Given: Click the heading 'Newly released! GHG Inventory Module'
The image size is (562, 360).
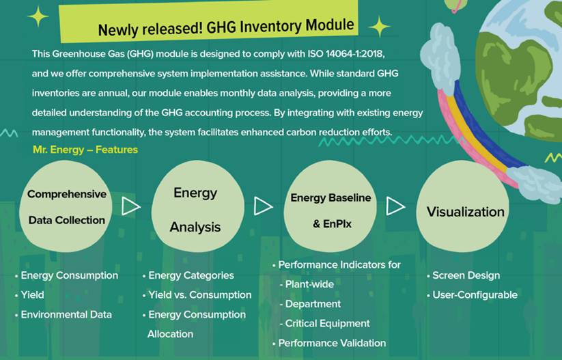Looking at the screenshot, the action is [226, 27].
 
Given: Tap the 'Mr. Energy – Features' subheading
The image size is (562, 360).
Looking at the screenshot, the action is [85, 150].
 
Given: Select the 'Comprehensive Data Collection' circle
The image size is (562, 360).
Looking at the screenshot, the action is [66, 206].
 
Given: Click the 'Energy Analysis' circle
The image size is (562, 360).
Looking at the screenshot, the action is [198, 206].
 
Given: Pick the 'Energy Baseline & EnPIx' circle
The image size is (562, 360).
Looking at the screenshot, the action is [330, 206].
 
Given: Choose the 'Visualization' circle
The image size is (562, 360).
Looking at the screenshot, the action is [462, 206].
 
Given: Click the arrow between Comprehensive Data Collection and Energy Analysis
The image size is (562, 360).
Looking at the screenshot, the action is [131, 206].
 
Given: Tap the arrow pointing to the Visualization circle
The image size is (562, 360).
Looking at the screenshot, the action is [395, 206].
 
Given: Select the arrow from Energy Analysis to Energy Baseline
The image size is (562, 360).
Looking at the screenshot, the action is [264, 206].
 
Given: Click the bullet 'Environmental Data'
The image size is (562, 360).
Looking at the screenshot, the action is [64, 314].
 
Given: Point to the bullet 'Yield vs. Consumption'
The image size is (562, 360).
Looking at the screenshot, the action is [197, 294].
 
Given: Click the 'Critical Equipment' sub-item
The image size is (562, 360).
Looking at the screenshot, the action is [325, 323].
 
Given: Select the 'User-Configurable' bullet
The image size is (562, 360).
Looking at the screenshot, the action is [472, 294].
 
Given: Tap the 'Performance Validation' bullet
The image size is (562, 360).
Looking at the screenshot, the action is [329, 343].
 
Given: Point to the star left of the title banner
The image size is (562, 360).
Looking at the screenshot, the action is [38, 16].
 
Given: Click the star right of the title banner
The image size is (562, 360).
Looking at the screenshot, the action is [379, 27].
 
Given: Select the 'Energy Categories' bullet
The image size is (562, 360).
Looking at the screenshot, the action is [188, 275].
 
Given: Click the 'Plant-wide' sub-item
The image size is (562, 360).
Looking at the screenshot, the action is [307, 284].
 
